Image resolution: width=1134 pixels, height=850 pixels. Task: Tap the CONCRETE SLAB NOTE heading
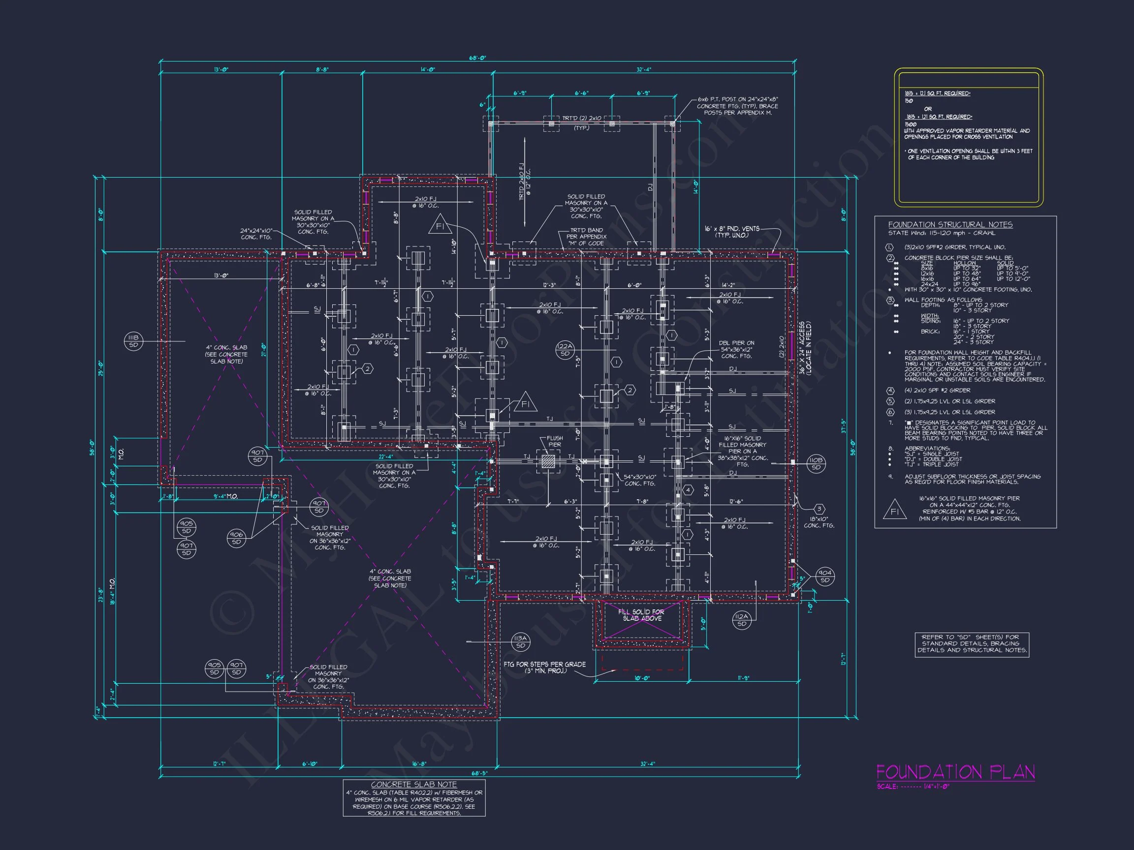[414, 785]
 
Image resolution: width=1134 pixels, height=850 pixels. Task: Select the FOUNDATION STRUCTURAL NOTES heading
[950, 224]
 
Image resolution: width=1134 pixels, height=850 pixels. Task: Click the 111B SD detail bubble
[134, 341]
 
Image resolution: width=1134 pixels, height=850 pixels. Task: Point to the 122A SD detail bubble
[565, 350]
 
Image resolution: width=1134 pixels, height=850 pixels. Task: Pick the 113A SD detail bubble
[520, 642]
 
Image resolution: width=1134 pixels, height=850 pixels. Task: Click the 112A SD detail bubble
[741, 620]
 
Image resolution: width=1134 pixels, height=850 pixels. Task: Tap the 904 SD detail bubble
[825, 577]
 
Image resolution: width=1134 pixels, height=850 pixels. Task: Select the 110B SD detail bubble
[816, 464]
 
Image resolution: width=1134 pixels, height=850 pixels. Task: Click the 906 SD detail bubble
[236, 538]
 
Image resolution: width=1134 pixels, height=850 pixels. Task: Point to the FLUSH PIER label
[555, 441]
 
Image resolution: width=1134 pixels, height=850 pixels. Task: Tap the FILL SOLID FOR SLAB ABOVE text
[641, 615]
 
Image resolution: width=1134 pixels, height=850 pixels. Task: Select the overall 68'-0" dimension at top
[477, 58]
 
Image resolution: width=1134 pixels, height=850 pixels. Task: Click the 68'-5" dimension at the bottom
[480, 773]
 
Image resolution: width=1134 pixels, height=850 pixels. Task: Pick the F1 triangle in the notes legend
[895, 511]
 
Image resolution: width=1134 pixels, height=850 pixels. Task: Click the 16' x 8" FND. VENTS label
[731, 232]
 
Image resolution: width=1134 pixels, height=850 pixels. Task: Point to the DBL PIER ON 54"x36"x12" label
[736, 349]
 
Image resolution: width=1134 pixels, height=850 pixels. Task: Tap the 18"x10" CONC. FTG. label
[819, 522]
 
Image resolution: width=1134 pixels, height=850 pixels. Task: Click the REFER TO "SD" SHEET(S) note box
[972, 644]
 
